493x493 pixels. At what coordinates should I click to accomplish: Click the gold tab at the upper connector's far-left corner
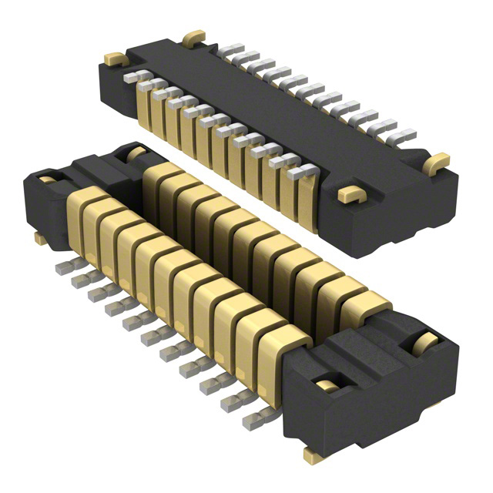pos(114,58)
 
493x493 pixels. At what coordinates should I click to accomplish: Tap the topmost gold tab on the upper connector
pos(193,36)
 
